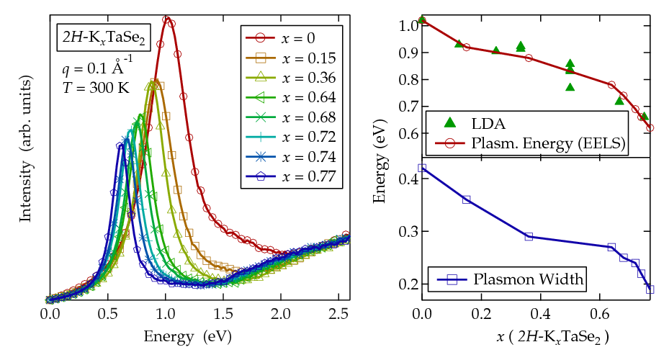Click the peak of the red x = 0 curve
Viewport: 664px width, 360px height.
coord(166,19)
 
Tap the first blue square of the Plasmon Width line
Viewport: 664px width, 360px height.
coord(423,168)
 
